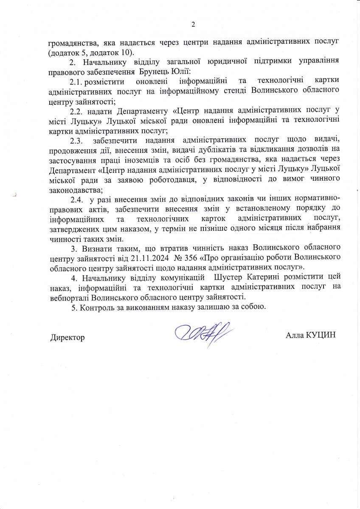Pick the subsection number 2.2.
pyautogui.click(x=78, y=112)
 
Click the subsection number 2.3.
pyautogui.click(x=78, y=140)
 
